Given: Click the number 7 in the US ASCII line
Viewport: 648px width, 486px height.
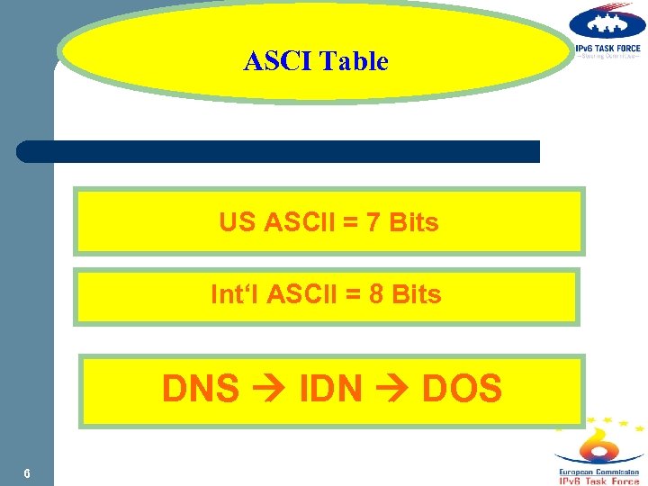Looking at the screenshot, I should [x=373, y=222].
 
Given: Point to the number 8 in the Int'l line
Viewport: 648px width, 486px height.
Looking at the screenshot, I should [x=376, y=294].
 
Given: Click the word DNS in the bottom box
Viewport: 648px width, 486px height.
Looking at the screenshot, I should [x=200, y=389].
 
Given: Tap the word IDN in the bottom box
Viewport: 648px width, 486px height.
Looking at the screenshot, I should [x=330, y=389].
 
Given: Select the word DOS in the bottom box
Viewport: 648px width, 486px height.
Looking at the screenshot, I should [x=462, y=389].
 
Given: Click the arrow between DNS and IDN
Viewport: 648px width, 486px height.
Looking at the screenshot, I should [x=268, y=390].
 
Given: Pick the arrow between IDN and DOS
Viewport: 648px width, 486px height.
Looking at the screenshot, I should [x=392, y=390].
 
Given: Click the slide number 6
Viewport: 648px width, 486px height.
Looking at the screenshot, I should [x=28, y=474].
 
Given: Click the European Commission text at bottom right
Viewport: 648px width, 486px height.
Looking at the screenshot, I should [x=599, y=472].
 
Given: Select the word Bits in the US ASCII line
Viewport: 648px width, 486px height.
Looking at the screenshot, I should [x=414, y=222].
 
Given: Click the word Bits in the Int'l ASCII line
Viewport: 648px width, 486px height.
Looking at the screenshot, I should [x=417, y=294].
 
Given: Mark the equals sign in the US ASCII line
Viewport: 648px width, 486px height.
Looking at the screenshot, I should [x=350, y=223].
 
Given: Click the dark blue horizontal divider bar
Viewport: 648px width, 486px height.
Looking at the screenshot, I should [x=278, y=151].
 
